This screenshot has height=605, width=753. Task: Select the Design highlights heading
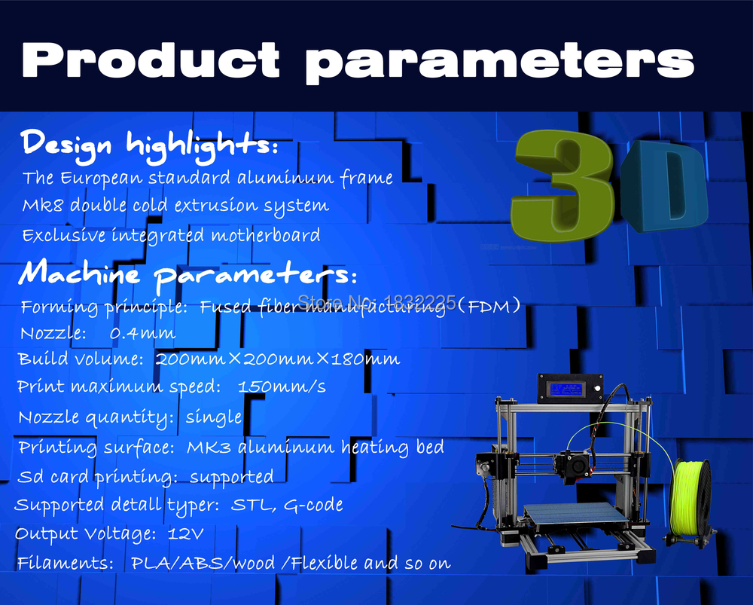[x=149, y=144]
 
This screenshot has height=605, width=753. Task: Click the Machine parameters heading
[x=187, y=275]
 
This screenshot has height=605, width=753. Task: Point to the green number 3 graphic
[x=562, y=185]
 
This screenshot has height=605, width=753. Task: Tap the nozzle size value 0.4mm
[x=142, y=333]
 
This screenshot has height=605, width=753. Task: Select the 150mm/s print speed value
[x=282, y=387]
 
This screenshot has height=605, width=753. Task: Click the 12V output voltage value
[x=186, y=533]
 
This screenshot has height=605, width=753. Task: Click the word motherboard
[x=266, y=235]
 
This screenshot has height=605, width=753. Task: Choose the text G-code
[x=313, y=505]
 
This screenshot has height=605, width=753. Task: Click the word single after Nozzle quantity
[x=214, y=417]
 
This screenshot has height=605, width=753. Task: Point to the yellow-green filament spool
[x=690, y=498]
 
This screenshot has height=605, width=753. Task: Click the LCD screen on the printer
[x=567, y=388]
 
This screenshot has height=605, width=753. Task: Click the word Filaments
[x=65, y=563]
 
